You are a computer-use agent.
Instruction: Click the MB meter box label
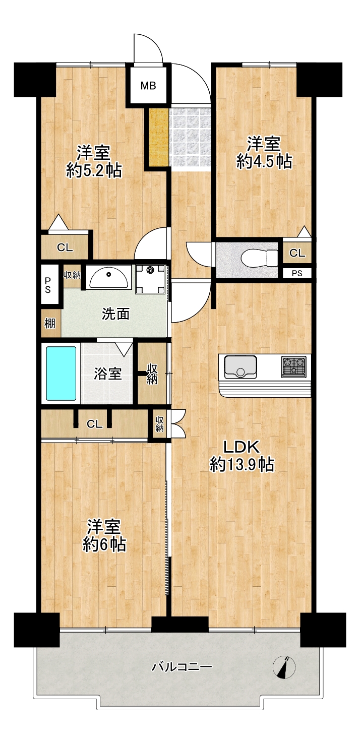click(148, 86)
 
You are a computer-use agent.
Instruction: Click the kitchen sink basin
click(241, 366)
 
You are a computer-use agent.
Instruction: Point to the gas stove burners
click(294, 366)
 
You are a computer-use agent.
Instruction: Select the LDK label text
click(242, 447)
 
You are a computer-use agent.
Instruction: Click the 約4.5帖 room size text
click(264, 161)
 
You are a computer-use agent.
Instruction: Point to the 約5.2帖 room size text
click(94, 170)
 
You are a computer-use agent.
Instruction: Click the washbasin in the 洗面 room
click(109, 277)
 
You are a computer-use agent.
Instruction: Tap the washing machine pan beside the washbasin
click(150, 279)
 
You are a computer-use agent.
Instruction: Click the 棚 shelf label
click(50, 323)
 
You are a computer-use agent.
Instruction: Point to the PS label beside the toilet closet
click(297, 274)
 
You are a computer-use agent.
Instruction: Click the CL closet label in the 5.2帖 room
click(65, 248)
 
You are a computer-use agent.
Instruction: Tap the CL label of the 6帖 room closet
click(94, 424)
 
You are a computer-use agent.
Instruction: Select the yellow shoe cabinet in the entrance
click(157, 137)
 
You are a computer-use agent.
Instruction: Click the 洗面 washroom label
click(115, 314)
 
